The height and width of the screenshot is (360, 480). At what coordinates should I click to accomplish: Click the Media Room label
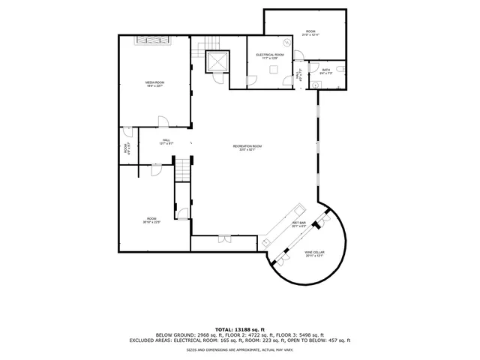tap(154, 83)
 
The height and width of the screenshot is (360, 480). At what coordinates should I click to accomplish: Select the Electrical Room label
tap(269, 56)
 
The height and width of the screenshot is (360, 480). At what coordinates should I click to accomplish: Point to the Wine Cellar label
tap(313, 254)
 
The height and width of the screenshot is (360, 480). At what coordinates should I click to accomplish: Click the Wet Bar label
tap(298, 224)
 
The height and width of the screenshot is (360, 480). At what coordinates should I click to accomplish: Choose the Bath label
tap(325, 72)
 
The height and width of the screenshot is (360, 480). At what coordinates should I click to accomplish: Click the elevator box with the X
tap(217, 62)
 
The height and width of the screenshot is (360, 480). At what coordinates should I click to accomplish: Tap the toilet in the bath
tap(341, 69)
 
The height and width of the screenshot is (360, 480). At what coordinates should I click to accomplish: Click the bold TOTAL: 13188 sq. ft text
tap(240, 329)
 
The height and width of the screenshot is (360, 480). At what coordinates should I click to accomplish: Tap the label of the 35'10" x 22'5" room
tap(152, 220)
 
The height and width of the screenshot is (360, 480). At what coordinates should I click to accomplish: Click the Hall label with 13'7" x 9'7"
tap(166, 141)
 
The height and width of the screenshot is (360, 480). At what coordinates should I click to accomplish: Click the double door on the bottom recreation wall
tap(223, 239)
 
